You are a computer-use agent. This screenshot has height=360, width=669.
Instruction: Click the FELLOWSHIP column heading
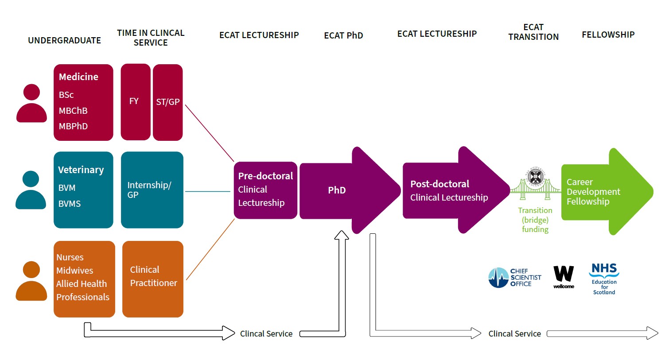(x=608, y=35)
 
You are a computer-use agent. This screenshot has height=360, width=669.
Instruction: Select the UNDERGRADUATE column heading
(x=64, y=40)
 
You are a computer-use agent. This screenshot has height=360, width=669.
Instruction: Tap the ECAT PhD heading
(x=343, y=35)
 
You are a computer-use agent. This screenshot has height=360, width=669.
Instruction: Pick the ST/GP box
(x=168, y=102)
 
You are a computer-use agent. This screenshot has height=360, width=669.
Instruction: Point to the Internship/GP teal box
(x=152, y=190)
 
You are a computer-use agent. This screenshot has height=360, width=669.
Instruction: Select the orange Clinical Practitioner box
(x=153, y=279)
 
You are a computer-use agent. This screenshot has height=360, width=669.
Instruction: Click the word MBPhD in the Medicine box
(x=73, y=126)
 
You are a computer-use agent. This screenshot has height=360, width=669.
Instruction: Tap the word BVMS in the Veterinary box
(x=70, y=204)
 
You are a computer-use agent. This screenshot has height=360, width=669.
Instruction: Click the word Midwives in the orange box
(x=75, y=271)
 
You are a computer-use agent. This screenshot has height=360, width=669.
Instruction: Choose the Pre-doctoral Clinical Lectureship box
(x=265, y=190)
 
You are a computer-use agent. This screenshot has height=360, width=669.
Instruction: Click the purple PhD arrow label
(x=337, y=190)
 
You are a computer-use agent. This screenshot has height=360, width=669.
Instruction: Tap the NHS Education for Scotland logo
(x=604, y=279)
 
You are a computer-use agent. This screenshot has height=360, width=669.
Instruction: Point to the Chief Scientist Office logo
(x=514, y=278)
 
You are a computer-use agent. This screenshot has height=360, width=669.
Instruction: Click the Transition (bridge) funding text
(x=535, y=220)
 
